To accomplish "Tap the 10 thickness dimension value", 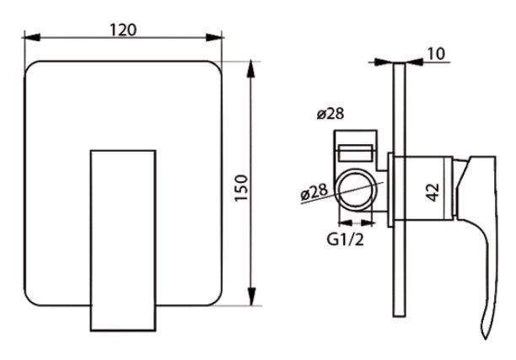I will point(436,54).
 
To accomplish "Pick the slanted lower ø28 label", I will point(314,192).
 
